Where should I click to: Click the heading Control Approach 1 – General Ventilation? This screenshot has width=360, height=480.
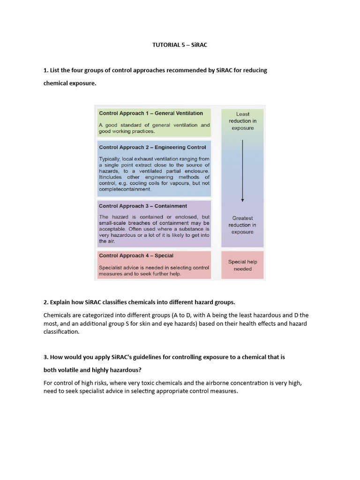151,113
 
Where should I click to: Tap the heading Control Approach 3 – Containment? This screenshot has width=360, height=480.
143,206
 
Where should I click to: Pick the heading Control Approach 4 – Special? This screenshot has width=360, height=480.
136,255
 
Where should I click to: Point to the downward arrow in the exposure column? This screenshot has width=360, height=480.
242,171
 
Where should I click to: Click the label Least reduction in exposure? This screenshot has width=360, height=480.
242,121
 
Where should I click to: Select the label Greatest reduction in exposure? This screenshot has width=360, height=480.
242,225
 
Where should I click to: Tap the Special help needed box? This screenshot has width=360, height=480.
242,265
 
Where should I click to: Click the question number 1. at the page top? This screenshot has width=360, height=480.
46,70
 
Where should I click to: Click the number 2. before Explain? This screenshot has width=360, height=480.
46,301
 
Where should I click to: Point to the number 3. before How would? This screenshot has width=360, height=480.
46,357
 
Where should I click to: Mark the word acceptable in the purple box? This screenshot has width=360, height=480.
112,229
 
